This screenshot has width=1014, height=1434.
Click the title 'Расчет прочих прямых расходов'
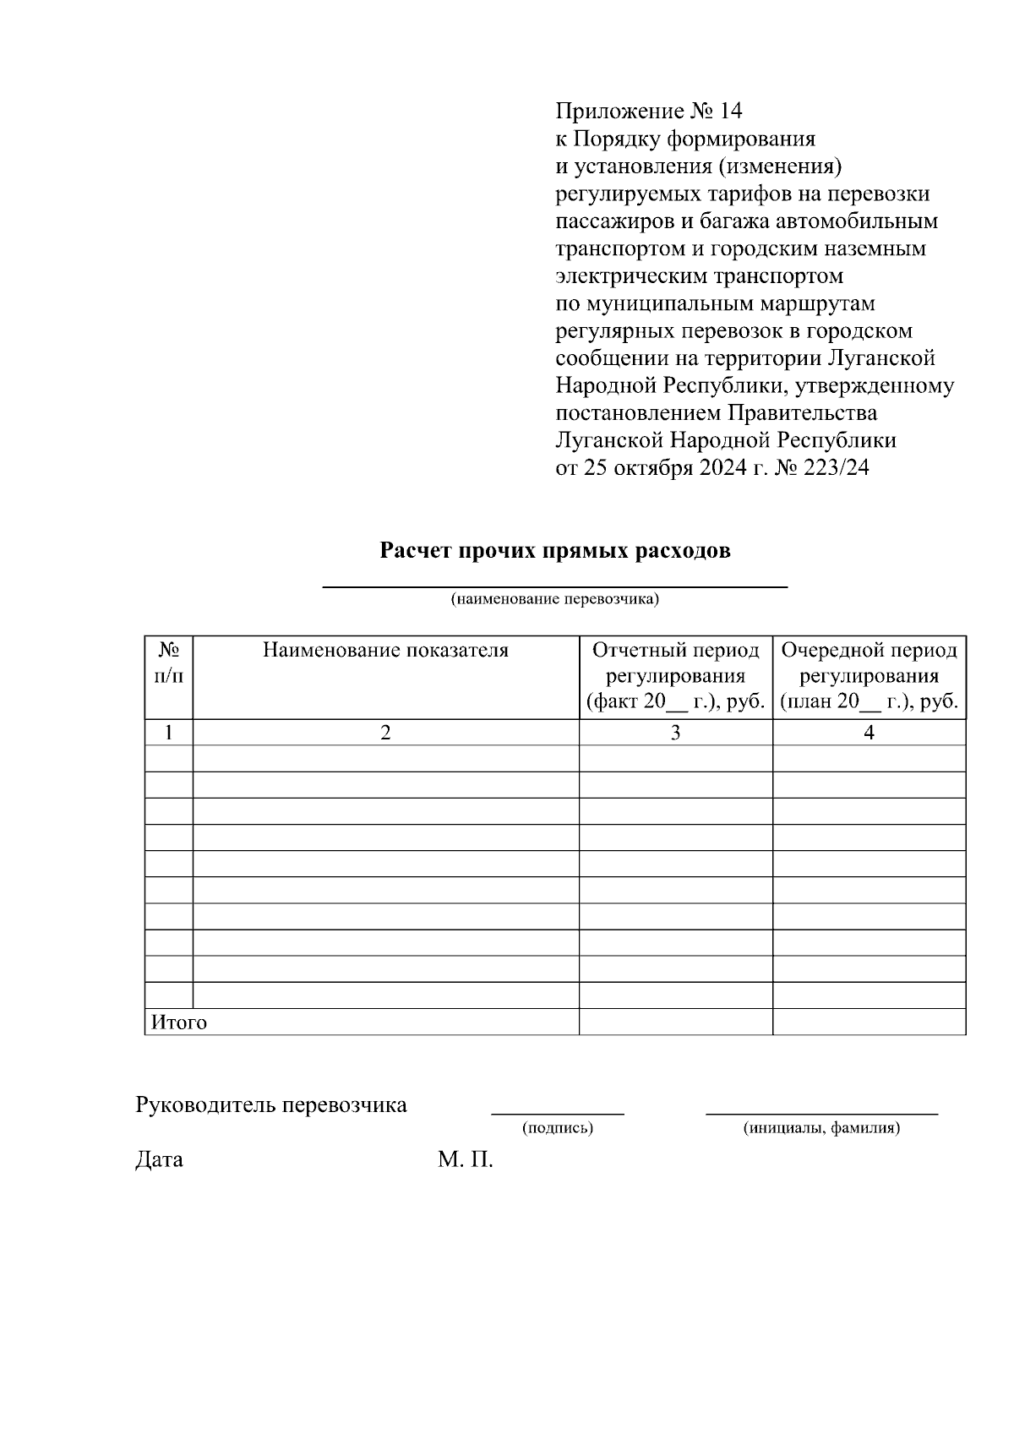(555, 551)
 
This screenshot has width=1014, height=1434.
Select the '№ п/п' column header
(169, 662)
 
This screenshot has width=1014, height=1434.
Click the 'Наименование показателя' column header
(385, 650)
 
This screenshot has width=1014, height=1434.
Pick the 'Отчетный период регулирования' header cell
(675, 675)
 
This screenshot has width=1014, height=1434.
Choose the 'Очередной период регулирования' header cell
(869, 675)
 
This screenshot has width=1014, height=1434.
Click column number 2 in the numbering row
(385, 733)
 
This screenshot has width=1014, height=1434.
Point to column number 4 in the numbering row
(869, 733)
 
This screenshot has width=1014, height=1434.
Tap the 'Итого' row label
(178, 1022)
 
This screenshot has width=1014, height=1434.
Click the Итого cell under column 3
(675, 1022)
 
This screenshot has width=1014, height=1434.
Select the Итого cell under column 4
(869, 1022)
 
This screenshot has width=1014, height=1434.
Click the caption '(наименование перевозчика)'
(554, 599)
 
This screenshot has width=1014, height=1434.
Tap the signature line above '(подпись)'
(558, 1113)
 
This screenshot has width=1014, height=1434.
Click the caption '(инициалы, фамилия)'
(821, 1128)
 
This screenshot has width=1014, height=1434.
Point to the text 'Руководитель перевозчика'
(271, 1104)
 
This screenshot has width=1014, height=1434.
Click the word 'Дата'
(159, 1159)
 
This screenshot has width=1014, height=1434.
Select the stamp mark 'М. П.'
(465, 1159)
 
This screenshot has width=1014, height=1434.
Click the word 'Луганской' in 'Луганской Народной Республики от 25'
(609, 440)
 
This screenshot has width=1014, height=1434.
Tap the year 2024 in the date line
(722, 467)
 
